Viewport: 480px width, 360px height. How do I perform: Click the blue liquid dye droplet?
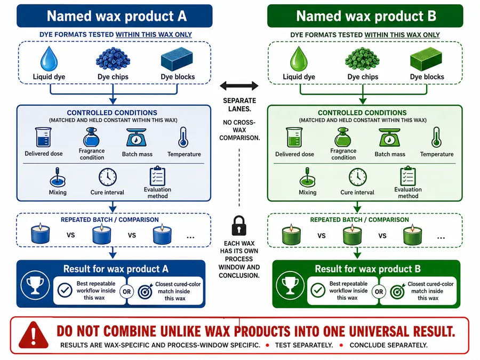(x=49, y=59)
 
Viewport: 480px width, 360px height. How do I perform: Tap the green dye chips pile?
(x=363, y=59)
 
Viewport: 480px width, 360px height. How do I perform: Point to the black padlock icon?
(x=239, y=226)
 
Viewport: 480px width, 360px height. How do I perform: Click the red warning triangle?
(x=34, y=335)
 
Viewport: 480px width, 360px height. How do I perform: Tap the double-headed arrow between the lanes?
(x=239, y=86)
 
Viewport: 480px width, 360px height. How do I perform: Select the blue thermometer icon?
(x=183, y=138)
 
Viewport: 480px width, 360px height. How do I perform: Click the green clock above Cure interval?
(x=357, y=177)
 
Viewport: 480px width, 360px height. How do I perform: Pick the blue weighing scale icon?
(x=137, y=138)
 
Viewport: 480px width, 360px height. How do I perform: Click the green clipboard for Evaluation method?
(x=408, y=176)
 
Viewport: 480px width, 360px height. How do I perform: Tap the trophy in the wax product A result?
(x=35, y=285)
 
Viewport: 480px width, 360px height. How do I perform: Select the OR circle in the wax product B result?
(x=379, y=292)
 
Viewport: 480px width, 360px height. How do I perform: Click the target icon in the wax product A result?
(x=145, y=292)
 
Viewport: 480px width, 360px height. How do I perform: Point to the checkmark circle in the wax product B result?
(x=318, y=290)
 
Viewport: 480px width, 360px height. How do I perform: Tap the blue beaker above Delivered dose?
(x=43, y=138)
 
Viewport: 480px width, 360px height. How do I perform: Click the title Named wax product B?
(x=366, y=16)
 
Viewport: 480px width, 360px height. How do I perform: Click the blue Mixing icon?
(x=58, y=177)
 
